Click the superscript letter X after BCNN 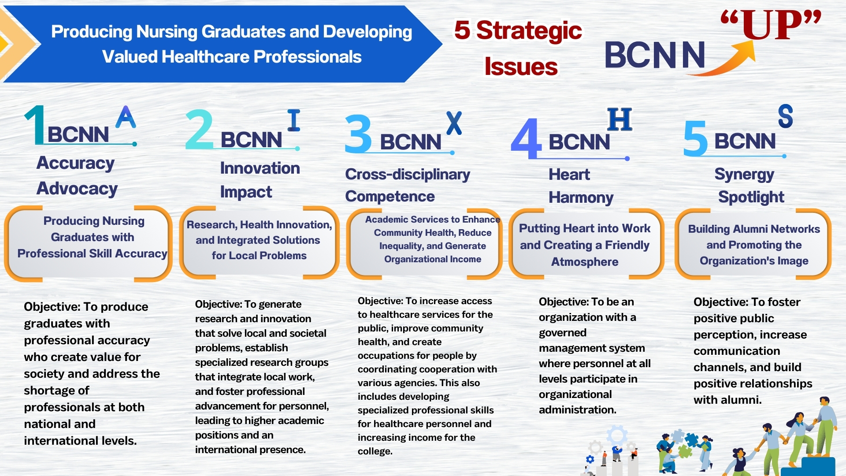(454, 123)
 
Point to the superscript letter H (620, 119)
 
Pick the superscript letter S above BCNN (785, 116)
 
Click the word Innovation (260, 168)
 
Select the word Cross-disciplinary (408, 175)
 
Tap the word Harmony (581, 198)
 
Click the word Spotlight (751, 197)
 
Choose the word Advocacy (77, 189)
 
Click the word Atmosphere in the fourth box (585, 262)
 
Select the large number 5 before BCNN (695, 139)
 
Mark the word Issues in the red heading (521, 67)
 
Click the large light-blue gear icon (616, 435)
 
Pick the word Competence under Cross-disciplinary (390, 197)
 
